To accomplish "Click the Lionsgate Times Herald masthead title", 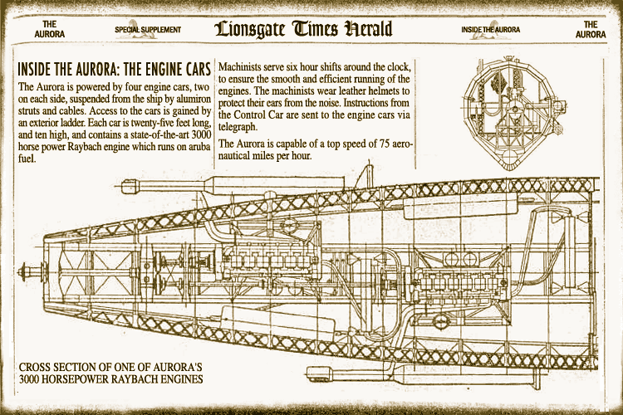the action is [x=303, y=29].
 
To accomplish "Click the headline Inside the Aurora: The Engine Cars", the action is [x=114, y=69].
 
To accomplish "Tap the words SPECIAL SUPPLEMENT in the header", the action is [x=148, y=30].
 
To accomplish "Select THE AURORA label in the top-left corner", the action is [x=49, y=29].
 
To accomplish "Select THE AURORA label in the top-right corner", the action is [x=591, y=29].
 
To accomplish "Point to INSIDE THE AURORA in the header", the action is [x=491, y=30].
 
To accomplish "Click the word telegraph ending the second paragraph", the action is [x=238, y=128].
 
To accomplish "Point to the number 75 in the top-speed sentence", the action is [x=385, y=144].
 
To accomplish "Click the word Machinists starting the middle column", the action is [x=239, y=66].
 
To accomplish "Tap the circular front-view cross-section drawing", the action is [x=514, y=111].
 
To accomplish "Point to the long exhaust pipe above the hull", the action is [x=233, y=184].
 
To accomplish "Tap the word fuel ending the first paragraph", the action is [x=27, y=159].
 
